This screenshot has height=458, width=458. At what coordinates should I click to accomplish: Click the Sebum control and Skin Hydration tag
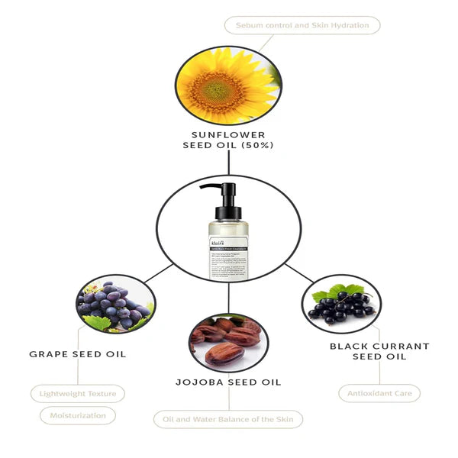pos(302,25)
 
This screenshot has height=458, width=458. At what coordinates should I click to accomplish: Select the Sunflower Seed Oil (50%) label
pos(228,140)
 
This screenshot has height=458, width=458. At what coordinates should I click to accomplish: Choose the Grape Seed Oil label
pos(77,354)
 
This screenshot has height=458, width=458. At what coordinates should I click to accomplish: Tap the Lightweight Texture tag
pos(78,394)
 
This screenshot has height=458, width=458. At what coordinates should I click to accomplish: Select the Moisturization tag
pos(78,415)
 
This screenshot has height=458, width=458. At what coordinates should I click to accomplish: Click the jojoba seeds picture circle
pos(228,339)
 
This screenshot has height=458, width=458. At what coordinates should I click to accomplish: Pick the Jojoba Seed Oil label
pos(228,382)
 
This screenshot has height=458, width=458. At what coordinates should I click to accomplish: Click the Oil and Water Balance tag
pos(228,419)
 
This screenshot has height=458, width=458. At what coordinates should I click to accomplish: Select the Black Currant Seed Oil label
pos(379,351)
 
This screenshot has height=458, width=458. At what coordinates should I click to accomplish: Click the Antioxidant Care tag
pos(379,393)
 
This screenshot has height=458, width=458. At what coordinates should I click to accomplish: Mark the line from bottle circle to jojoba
pos(228,296)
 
